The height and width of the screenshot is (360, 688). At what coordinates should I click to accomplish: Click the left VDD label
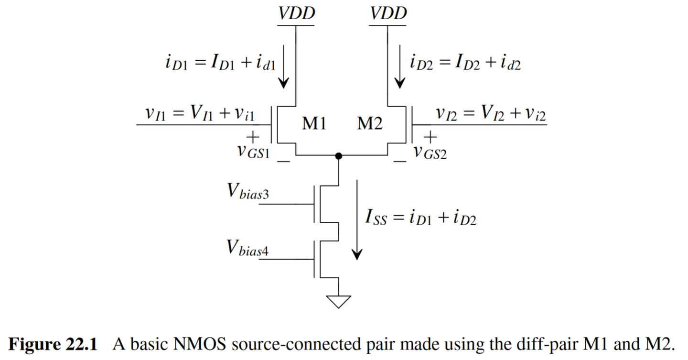coord(296,13)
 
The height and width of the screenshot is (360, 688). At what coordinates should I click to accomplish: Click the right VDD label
coord(388,13)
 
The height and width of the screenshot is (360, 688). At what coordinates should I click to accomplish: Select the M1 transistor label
coord(314,124)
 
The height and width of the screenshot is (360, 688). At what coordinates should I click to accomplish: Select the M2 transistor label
coord(370,124)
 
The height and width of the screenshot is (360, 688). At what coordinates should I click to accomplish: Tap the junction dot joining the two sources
coord(339,156)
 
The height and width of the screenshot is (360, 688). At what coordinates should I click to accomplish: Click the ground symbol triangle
coord(338,301)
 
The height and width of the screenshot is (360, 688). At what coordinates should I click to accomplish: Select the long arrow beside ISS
coord(356,220)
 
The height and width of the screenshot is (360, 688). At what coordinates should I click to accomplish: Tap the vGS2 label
coord(430,153)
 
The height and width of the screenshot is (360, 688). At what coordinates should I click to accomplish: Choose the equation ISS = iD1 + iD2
coord(420,218)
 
